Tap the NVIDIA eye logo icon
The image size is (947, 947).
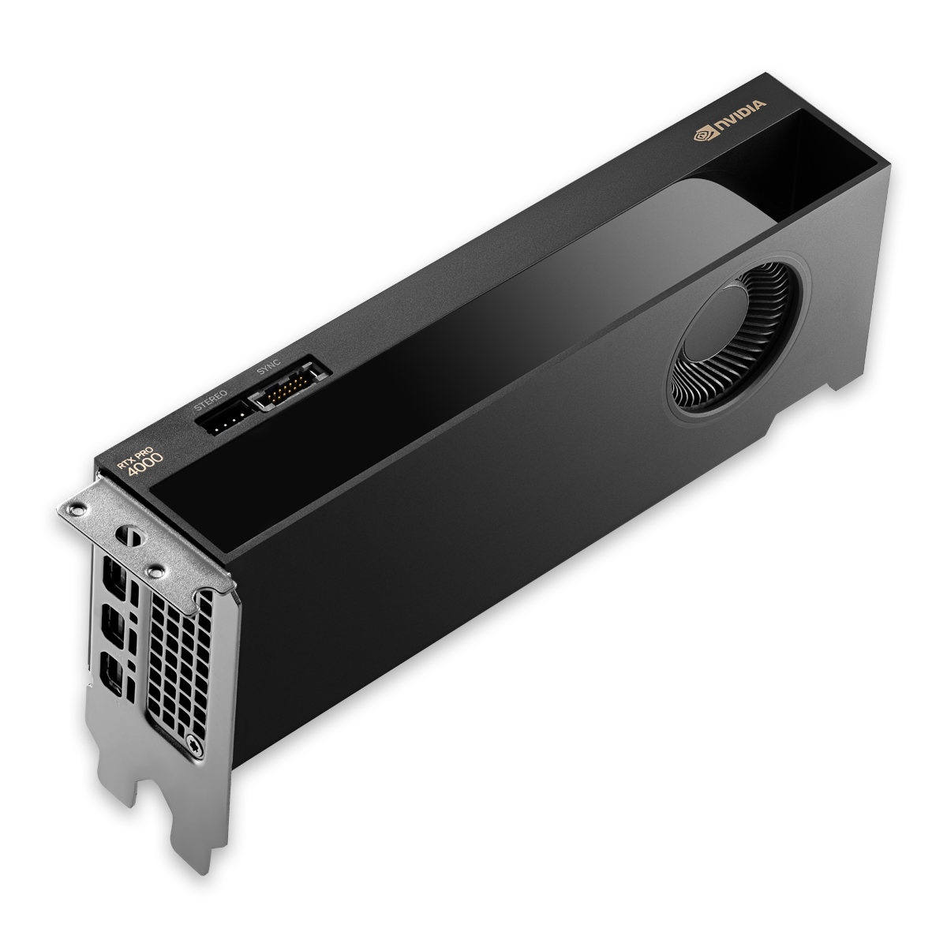(x=702, y=135)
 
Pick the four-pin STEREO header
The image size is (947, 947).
(x=226, y=418)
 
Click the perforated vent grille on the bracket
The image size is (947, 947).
(x=178, y=655)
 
